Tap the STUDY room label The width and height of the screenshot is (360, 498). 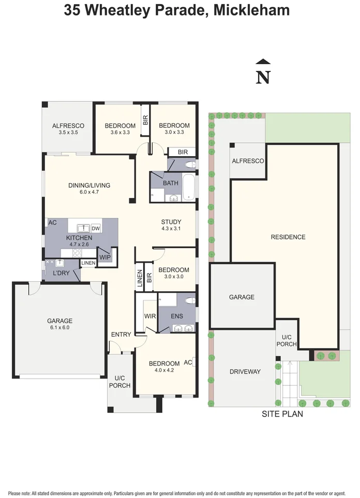pos(171,221)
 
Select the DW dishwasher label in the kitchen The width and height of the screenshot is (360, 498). pos(96,228)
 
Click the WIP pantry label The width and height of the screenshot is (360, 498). pos(105,256)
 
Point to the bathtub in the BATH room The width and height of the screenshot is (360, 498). pos(189,188)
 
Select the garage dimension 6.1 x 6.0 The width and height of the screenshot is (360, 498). pos(60,327)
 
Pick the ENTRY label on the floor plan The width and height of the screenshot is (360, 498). pos(121,335)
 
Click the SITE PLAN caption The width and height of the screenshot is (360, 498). pos(282,414)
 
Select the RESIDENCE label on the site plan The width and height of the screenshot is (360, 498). pos(288,237)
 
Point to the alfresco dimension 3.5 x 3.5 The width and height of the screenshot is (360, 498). pos(68,132)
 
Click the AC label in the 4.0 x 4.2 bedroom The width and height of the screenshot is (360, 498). pos(188,363)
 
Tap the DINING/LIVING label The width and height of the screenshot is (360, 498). pos(89,185)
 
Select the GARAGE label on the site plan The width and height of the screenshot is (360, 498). pos(242,297)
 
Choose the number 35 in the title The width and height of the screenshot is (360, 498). pos(72,10)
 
